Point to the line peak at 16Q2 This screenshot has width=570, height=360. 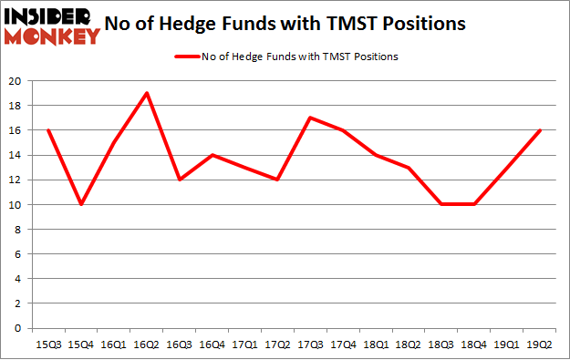point(147,93)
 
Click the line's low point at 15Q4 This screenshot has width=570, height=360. point(82,204)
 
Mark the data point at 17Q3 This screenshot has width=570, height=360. point(310,118)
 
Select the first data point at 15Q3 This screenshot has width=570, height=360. point(49,130)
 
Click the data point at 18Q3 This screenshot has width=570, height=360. point(440,204)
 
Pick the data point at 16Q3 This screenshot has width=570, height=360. point(180,180)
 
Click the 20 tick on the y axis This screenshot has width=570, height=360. point(16,81)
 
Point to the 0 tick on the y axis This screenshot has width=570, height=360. point(19,328)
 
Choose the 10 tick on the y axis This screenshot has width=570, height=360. point(16,204)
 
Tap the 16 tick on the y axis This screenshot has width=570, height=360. point(16,130)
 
